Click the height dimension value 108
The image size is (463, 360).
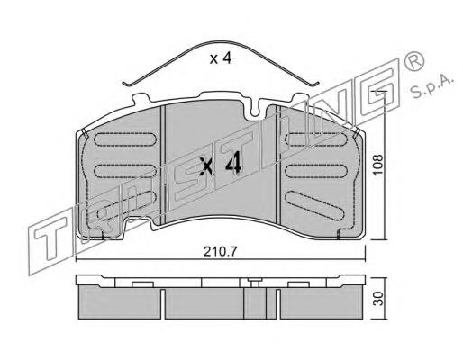377,165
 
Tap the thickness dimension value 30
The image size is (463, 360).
379,298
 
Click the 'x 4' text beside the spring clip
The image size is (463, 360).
221,58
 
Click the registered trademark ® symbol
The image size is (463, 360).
414,61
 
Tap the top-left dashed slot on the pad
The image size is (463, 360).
125,139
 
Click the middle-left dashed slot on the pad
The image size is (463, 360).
125,170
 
